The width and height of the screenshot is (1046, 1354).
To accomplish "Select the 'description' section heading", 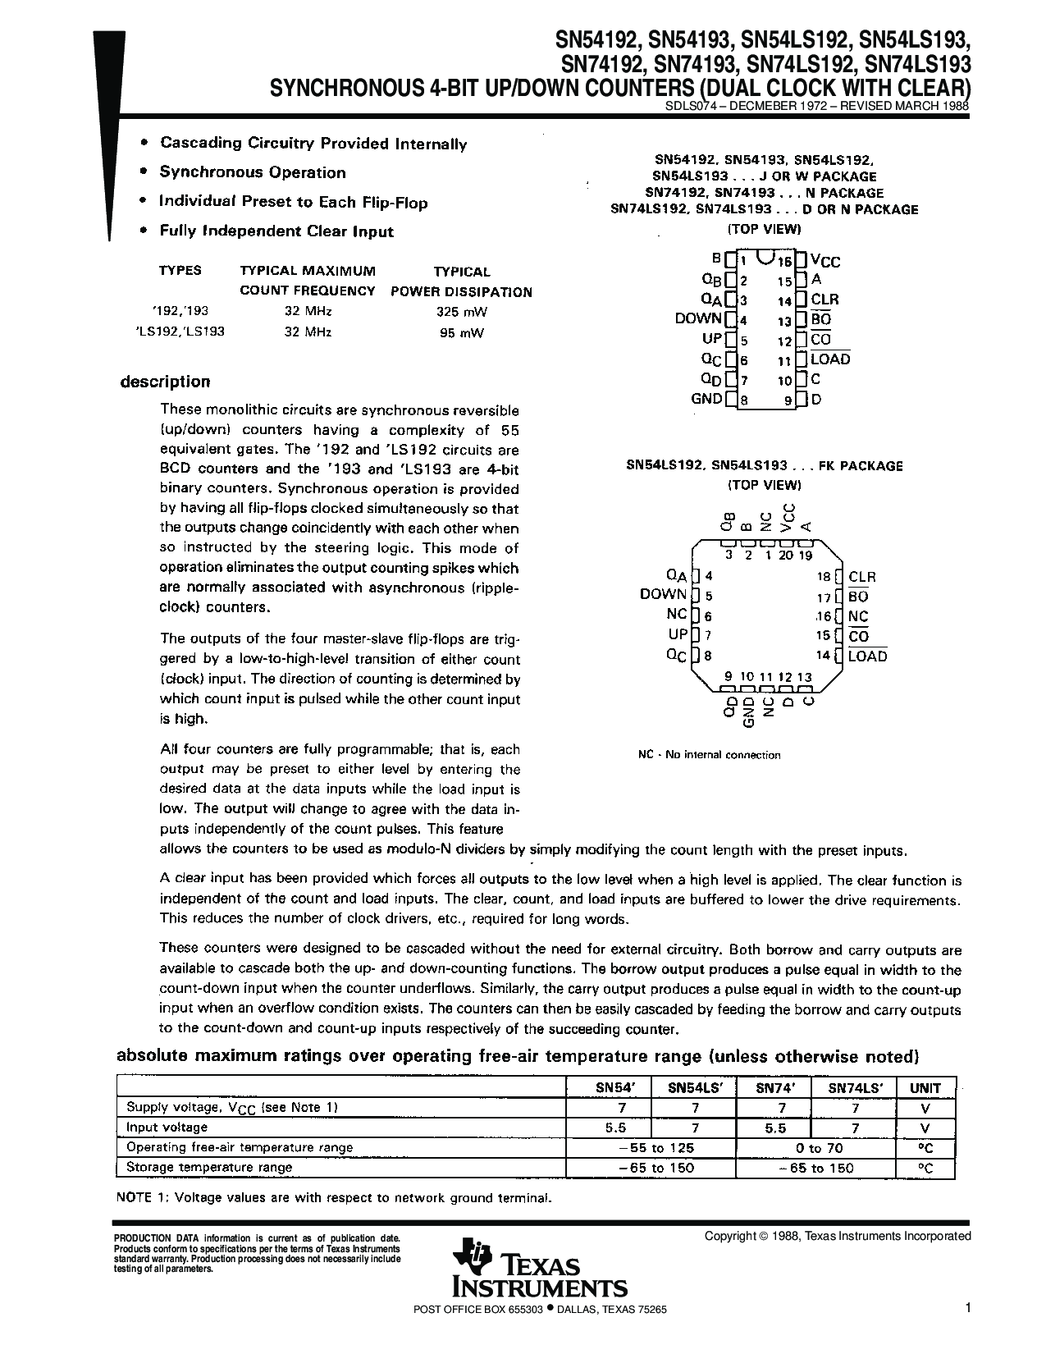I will (166, 382).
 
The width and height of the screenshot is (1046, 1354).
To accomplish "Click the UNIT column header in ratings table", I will (925, 1088).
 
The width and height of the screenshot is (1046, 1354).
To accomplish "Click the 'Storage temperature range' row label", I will (209, 1168).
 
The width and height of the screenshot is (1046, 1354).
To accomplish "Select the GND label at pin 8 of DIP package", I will (706, 400).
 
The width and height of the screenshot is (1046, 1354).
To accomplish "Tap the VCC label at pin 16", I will (825, 262).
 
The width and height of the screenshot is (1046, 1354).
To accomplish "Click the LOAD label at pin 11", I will (830, 359).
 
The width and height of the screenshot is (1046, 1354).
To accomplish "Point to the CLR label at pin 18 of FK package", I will (862, 578).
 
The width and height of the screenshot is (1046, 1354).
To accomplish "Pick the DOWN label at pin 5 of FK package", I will (663, 595).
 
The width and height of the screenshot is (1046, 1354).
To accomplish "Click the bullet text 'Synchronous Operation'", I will (253, 172).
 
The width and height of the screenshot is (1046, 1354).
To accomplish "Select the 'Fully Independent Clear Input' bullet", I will (276, 231).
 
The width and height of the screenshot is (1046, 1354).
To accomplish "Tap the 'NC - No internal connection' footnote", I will (709, 755).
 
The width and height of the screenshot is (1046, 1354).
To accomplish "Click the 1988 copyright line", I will (838, 1236).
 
